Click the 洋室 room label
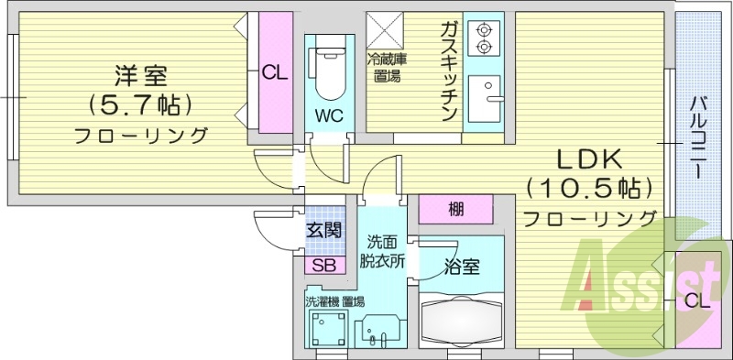141,76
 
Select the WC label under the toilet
329,115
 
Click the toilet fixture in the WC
329,71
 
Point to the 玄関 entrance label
324,230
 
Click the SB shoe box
325,265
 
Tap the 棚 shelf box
455,210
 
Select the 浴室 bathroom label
461,267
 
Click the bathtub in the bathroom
461,321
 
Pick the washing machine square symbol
329,329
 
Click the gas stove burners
484,38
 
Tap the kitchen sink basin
485,99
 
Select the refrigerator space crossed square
385,30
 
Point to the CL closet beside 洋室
276,72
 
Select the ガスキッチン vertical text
448,71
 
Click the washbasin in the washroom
377,331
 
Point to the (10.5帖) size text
589,190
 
